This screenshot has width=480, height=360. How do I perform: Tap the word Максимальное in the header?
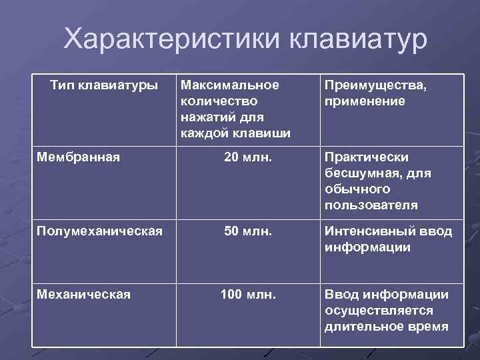pos(229,85)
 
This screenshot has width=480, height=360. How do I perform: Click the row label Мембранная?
pos(79,157)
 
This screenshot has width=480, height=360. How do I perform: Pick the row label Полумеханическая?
pos(99,231)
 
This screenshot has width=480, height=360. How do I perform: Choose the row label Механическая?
pos(83,294)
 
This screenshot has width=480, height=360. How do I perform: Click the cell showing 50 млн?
pos(247,231)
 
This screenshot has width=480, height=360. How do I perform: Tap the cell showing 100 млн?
pos(247,294)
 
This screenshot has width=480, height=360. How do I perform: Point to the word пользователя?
pos(371,205)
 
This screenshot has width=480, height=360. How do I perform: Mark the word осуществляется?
pos(379,311)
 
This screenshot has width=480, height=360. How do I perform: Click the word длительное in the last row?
pos(365,327)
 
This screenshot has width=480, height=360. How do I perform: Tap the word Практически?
pos(367,157)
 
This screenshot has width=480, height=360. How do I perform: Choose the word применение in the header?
pos(365,101)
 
